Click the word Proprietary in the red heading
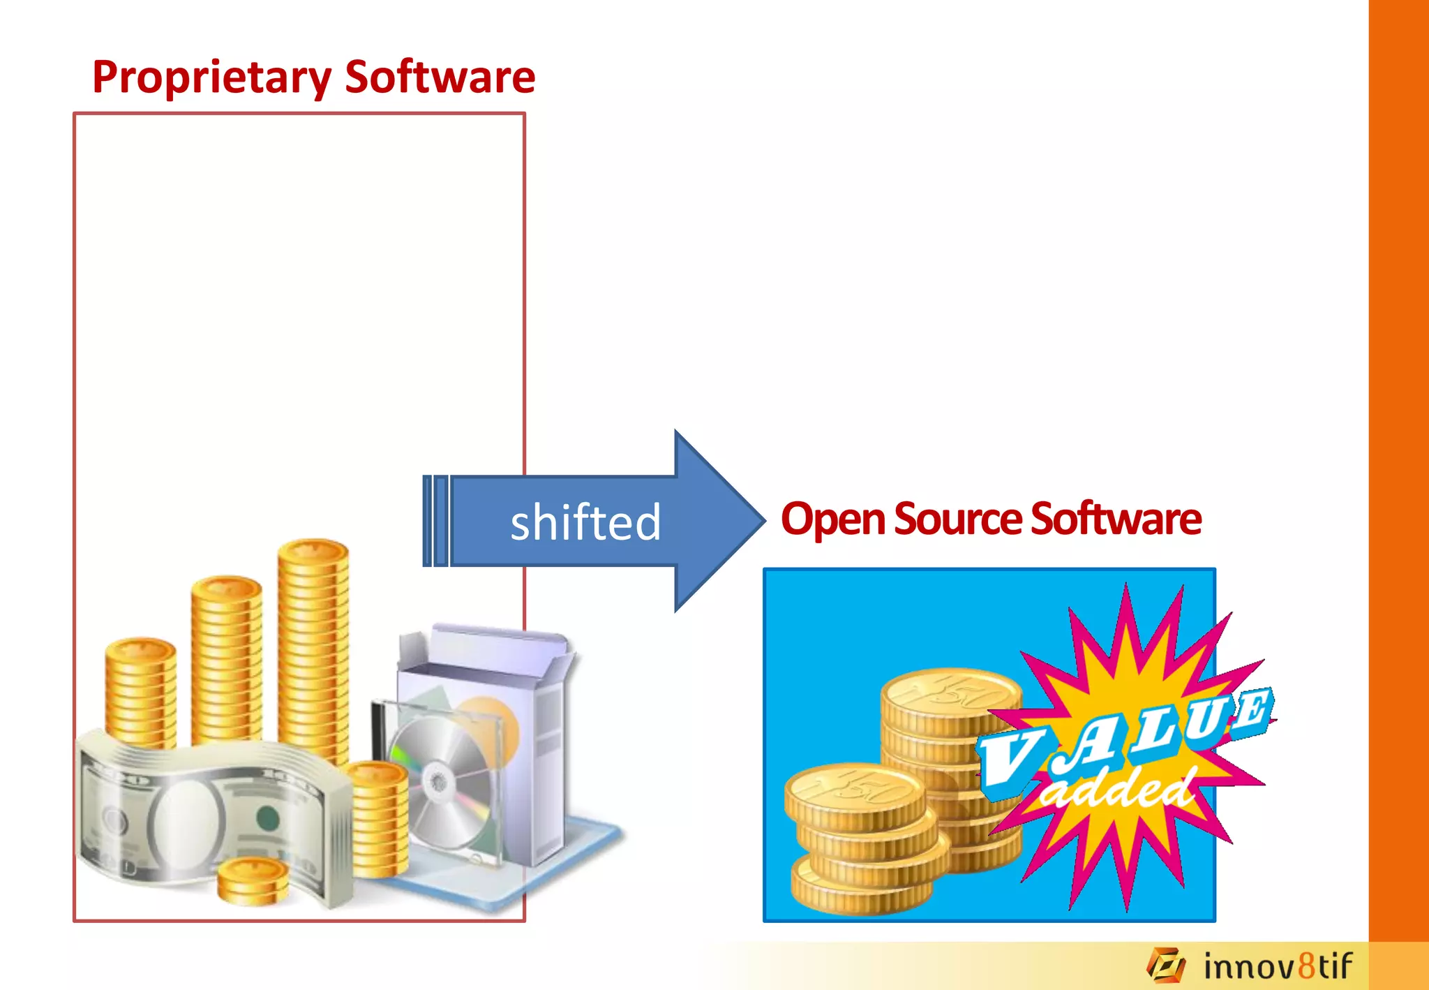212,77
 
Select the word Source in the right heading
958,518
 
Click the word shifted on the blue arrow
585,522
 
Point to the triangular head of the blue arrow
719,521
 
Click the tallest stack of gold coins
313,649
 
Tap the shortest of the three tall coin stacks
140,691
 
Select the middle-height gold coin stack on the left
226,656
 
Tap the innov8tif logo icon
1166,966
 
